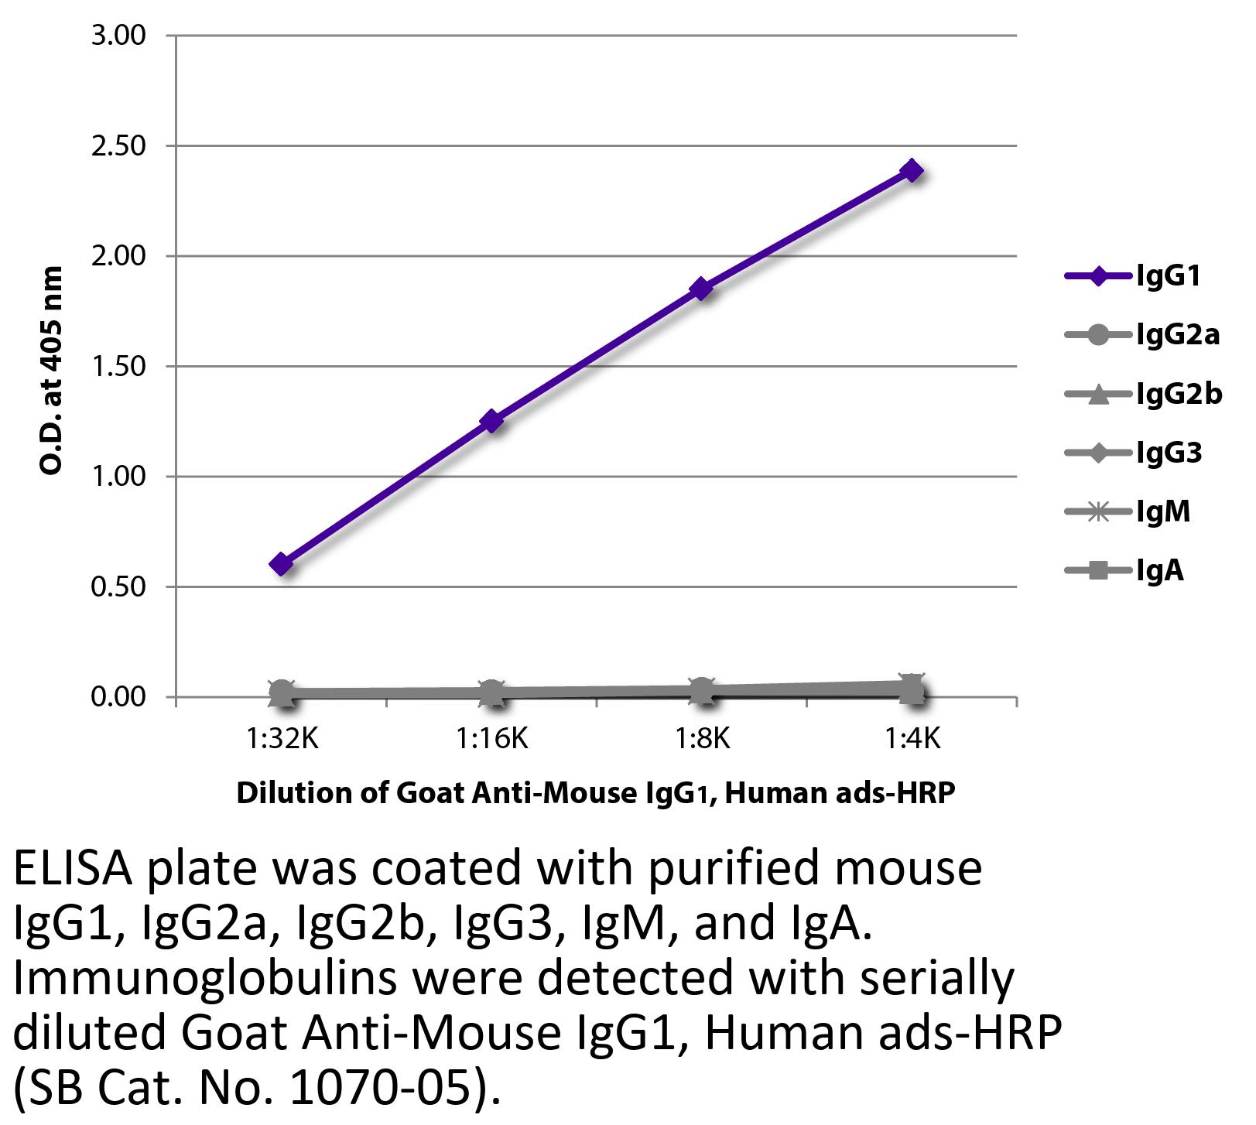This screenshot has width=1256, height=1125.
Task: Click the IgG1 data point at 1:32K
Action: pyautogui.click(x=282, y=564)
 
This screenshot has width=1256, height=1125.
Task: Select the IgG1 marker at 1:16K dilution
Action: pyautogui.click(x=491, y=422)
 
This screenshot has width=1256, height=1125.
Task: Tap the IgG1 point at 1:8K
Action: pyautogui.click(x=702, y=289)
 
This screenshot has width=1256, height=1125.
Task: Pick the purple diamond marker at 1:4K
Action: pyautogui.click(x=912, y=170)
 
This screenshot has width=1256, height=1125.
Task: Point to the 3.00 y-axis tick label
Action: pyautogui.click(x=118, y=36)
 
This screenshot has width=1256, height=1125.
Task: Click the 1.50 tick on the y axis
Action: pyautogui.click(x=118, y=367)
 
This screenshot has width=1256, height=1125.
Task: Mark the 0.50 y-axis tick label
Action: pyautogui.click(x=118, y=587)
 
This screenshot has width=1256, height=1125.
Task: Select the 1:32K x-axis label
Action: pyautogui.click(x=282, y=740)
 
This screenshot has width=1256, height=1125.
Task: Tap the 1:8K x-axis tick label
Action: pyautogui.click(x=702, y=740)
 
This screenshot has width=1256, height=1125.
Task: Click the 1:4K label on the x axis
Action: pyautogui.click(x=912, y=740)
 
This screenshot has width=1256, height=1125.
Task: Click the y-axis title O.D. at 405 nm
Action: pyautogui.click(x=51, y=370)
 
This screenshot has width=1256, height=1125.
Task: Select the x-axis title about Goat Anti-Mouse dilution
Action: pyautogui.click(x=596, y=793)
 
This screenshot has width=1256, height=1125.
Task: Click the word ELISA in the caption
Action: pyautogui.click(x=74, y=869)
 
